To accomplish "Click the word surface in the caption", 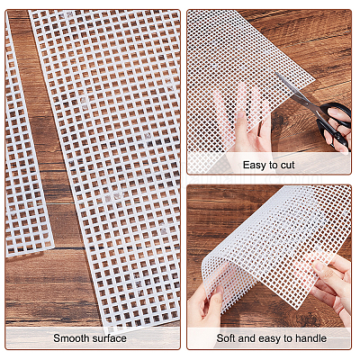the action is [x=109, y=338].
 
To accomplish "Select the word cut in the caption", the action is [x=287, y=165].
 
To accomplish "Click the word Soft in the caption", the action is [x=227, y=338].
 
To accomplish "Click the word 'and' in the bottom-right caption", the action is [x=247, y=338].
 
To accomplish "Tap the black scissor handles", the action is [x=335, y=123].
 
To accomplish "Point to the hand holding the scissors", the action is [x=339, y=129].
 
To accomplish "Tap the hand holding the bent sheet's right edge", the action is [x=333, y=288].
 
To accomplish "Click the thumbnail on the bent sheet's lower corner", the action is [x=219, y=292].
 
